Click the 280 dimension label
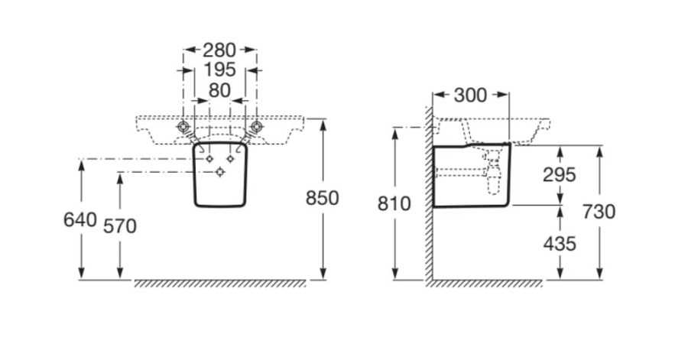click(219, 50)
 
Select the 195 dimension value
click(219, 70)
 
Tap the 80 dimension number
click(219, 90)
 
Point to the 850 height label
click(322, 198)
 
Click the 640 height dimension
click(80, 219)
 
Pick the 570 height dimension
click(120, 226)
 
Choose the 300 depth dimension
click(470, 95)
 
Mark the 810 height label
click(394, 204)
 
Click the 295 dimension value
click(559, 175)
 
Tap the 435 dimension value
click(560, 244)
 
